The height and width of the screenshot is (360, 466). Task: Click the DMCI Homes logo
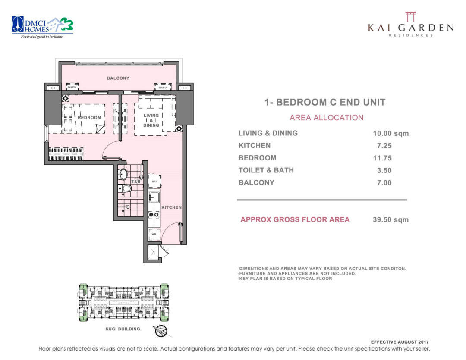(x=42, y=27)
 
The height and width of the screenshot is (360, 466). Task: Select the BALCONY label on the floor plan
(x=118, y=78)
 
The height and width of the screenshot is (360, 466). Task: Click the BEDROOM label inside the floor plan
(x=89, y=117)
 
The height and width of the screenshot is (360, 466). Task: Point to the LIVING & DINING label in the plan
(x=151, y=120)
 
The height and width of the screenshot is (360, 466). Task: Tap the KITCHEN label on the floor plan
(x=171, y=207)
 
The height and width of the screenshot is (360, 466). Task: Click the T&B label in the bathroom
(x=135, y=182)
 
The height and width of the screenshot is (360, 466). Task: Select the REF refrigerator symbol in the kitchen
(x=154, y=181)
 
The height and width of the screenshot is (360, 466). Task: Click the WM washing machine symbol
(x=154, y=235)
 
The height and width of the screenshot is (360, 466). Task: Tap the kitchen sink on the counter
(x=153, y=198)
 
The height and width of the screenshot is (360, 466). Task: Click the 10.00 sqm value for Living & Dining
(x=390, y=134)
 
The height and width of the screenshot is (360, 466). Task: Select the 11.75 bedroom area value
(x=382, y=158)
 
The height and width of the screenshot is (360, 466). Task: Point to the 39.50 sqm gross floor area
(x=390, y=220)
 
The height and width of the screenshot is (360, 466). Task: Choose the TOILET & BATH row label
(x=266, y=170)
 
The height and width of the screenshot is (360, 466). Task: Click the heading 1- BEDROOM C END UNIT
(x=324, y=103)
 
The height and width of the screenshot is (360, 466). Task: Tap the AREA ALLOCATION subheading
(x=326, y=118)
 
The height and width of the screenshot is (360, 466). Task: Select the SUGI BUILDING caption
(x=123, y=329)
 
